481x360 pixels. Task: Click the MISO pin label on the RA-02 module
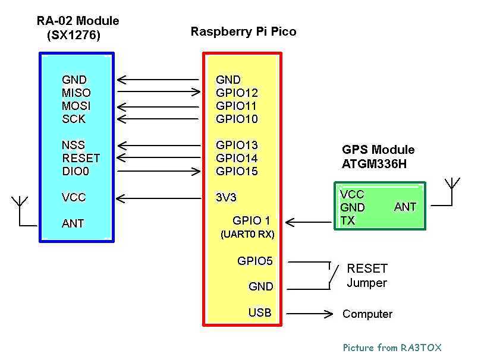76,93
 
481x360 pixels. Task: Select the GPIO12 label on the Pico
237,93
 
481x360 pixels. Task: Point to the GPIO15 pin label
237,171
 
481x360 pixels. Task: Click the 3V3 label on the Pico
226,197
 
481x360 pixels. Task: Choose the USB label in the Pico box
260,312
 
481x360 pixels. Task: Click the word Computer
367,314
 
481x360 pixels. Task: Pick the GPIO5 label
255,261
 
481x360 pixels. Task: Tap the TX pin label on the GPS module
348,220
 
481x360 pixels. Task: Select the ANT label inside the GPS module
405,207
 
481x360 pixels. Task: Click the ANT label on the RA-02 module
73,223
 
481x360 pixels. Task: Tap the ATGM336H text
375,163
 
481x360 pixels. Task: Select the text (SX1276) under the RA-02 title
74,36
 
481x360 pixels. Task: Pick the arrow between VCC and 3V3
158,197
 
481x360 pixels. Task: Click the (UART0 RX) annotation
247,235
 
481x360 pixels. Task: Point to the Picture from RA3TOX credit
392,348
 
